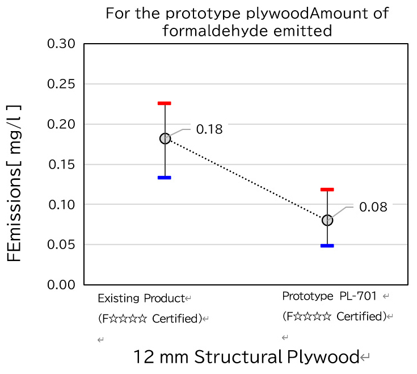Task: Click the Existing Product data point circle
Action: pos(165,138)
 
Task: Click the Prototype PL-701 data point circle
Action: pos(327,220)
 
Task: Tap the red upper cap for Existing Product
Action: pos(165,103)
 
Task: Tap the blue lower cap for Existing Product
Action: pos(165,178)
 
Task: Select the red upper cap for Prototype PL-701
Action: pos(327,190)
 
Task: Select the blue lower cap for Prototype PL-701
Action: pos(327,246)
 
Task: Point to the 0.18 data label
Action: pos(209,129)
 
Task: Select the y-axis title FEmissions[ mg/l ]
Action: pos(15,183)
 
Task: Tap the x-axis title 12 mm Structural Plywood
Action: pos(246,357)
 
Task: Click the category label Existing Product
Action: pos(141,299)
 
